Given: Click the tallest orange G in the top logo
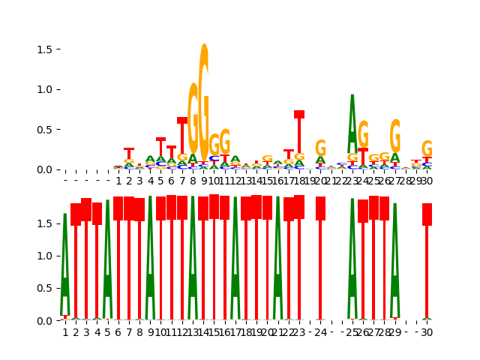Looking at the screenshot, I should [x=203, y=97].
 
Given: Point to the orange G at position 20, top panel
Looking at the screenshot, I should [x=320, y=148].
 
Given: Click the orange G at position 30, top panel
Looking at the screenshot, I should [x=427, y=148].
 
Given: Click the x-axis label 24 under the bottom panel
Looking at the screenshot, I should [x=320, y=332].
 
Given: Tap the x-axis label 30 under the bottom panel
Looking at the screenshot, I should [x=427, y=332].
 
